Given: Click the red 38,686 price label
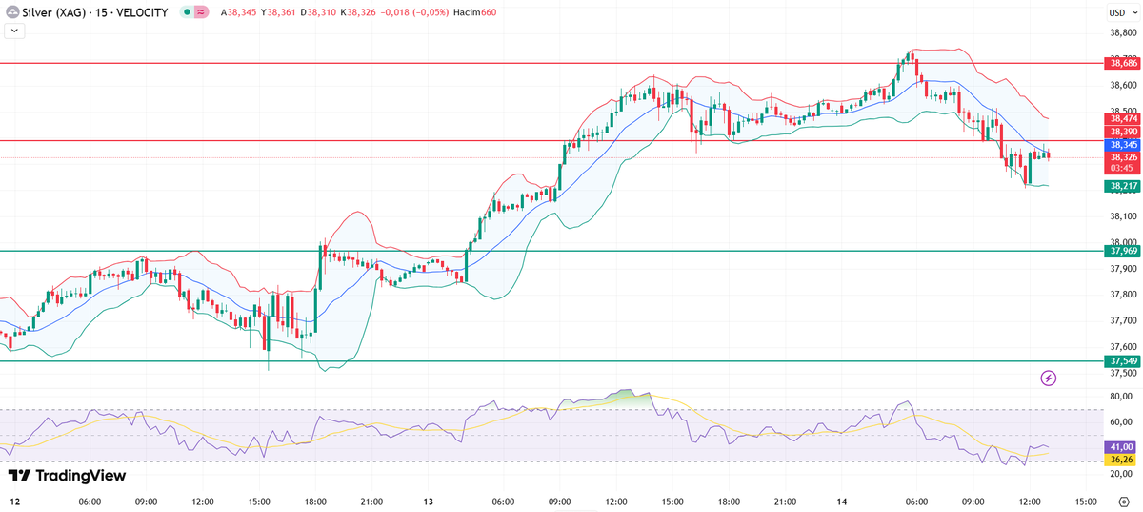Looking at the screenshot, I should tap(1121, 63).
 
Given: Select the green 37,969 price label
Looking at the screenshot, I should tap(1121, 251).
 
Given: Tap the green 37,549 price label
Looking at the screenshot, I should tap(1121, 361).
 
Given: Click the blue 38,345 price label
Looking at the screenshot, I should tap(1121, 145).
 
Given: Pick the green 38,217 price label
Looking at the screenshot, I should tap(1121, 186).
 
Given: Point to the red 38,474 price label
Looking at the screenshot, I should tap(1121, 118).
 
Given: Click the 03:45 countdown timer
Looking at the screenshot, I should tap(1121, 168).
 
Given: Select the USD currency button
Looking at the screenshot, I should tap(1117, 12).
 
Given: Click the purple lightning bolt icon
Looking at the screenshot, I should tap(1049, 379).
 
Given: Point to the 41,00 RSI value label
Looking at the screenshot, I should tap(1121, 446).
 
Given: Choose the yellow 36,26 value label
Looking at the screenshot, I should tap(1121, 459).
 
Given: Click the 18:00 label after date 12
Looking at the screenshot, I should tap(316, 502).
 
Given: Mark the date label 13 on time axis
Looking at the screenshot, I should tap(429, 502).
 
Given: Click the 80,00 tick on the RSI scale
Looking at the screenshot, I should tap(1120, 396).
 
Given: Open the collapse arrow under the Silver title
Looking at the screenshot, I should tap(14, 31).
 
